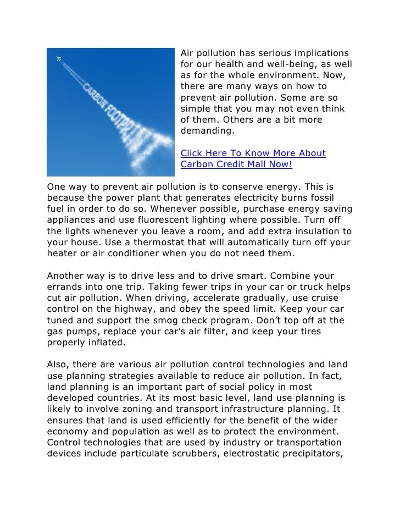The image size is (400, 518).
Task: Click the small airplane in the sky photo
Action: click(x=59, y=58)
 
